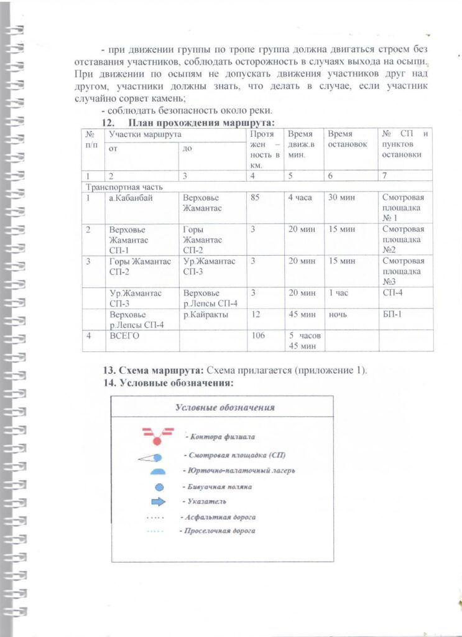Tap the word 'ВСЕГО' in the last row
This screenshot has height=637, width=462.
124,336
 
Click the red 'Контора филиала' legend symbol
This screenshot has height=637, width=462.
158,435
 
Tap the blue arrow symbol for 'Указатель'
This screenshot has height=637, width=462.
160,501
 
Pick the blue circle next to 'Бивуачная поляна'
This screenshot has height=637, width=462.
159,487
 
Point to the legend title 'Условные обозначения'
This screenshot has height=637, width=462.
224,408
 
